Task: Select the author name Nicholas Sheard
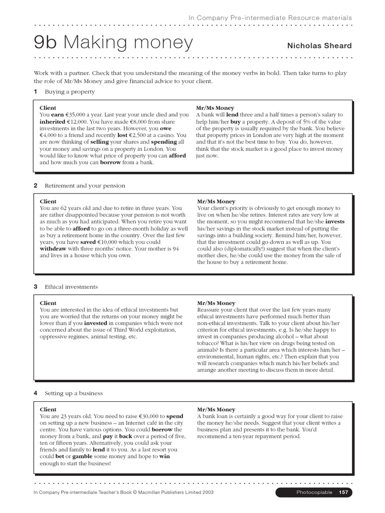(319, 46)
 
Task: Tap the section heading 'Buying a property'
(70, 92)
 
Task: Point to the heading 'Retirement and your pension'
(85, 185)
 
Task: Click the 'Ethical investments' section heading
(71, 287)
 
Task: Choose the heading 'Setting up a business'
(74, 393)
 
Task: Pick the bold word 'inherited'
(52, 122)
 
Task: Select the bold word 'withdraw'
(53, 248)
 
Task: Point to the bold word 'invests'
(335, 221)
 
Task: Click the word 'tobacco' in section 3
(210, 344)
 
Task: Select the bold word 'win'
(164, 457)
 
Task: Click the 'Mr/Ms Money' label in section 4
(216, 409)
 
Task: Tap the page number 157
(343, 492)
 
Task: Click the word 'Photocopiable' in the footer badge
(313, 492)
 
